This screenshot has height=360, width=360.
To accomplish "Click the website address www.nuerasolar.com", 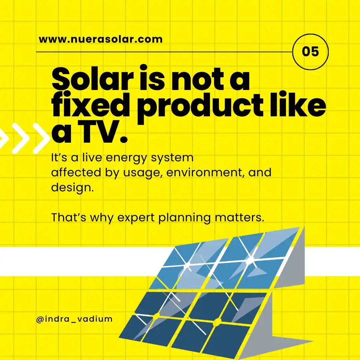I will point(101,39).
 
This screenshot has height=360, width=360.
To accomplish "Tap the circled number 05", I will point(310,52).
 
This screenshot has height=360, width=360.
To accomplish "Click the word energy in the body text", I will point(129,157).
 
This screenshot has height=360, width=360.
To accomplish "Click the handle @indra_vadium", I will point(74,319).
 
